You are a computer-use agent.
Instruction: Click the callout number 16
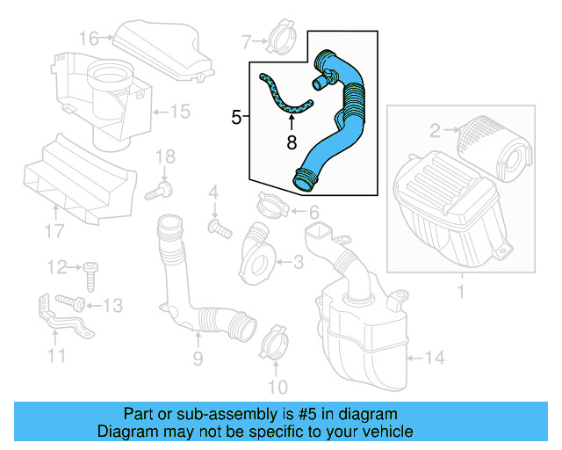pyautogui.click(x=89, y=38)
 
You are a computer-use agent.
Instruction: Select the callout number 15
pyautogui.click(x=179, y=112)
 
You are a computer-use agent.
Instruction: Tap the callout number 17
pyautogui.click(x=54, y=232)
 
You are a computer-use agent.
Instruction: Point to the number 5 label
pyautogui.click(x=235, y=116)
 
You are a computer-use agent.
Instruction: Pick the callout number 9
pyautogui.click(x=198, y=358)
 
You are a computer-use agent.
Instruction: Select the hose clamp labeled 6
pyautogui.click(x=273, y=207)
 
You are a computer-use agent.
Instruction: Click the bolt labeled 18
pyautogui.click(x=164, y=188)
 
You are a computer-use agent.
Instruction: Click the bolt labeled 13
pyautogui.click(x=74, y=303)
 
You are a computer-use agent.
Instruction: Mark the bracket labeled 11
pyautogui.click(x=60, y=324)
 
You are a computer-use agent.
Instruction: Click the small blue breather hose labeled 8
pyautogui.click(x=285, y=99)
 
